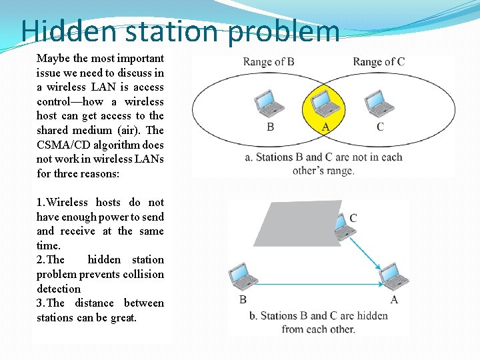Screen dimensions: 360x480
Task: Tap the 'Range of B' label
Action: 269,62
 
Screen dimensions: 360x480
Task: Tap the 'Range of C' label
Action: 379,62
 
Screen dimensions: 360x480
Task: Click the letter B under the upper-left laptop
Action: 270,127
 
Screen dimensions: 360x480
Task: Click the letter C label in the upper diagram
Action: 380,127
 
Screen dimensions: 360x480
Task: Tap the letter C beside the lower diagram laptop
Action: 353,218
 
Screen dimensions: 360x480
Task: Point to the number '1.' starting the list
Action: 41,203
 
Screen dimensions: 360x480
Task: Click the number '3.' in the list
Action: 41,303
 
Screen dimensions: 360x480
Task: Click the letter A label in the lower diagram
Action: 394,300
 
